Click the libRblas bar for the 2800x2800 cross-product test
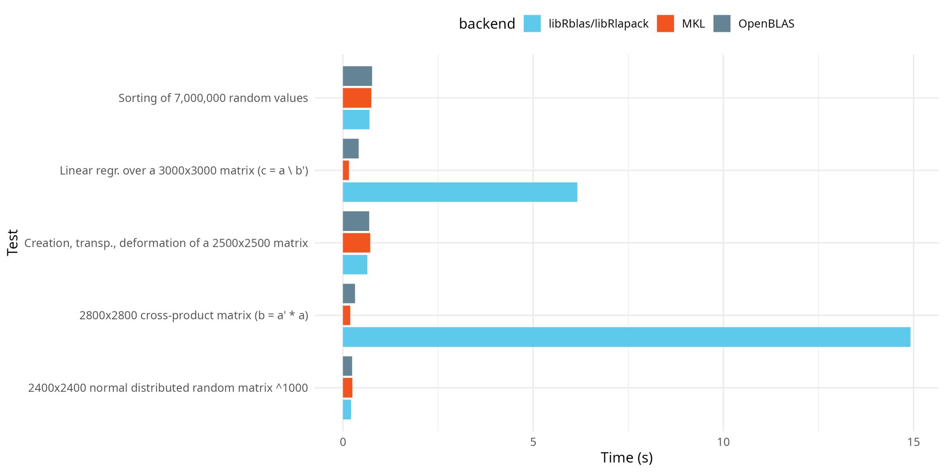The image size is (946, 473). point(626,337)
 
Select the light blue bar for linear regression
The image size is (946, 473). point(460,192)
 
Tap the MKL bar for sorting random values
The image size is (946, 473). point(357,98)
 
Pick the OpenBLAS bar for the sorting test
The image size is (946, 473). point(358,76)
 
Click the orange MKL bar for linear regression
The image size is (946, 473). point(346,170)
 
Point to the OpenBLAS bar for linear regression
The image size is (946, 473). point(351,149)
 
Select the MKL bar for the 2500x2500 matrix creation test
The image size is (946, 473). point(357,243)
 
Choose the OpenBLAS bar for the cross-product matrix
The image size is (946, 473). point(349,294)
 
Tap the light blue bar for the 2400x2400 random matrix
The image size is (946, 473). point(347,410)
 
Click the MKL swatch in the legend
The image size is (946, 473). point(665,24)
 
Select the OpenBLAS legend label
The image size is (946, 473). point(766,24)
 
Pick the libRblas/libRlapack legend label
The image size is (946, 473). point(599,24)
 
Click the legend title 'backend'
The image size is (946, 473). point(487,24)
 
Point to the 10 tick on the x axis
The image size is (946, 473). point(723,442)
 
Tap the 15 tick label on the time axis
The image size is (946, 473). point(913,442)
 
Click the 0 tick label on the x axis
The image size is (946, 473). point(343,442)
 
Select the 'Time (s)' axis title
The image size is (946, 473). point(626,458)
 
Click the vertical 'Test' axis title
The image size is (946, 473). point(12,243)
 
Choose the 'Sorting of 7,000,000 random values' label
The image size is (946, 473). point(213,98)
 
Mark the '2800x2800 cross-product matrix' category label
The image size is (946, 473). point(194,315)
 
